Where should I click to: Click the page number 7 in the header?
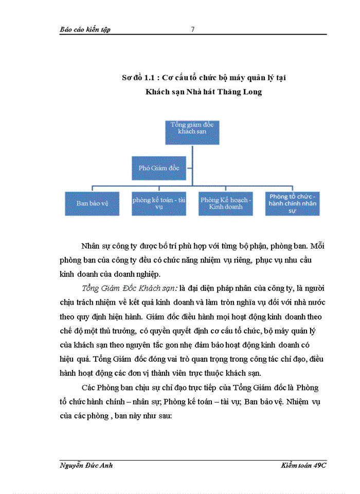pos(192,29)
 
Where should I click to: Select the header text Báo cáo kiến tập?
pos(85,29)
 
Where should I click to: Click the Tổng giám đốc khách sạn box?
pos(192,132)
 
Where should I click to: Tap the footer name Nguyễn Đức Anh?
pos(86,465)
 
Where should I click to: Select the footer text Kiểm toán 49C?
pos(304,465)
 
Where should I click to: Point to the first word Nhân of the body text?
pos(92,245)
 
